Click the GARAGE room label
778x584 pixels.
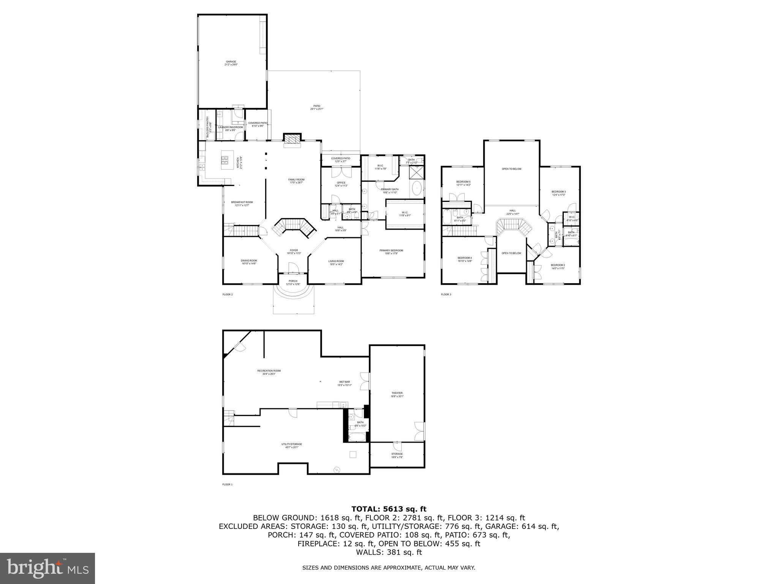pos(231,63)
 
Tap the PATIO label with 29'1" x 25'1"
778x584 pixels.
pos(316,108)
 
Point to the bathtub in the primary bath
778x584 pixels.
pos(417,188)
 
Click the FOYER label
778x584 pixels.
pos(294,252)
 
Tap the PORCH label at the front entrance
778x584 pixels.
pos(293,282)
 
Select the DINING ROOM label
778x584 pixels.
pos(249,262)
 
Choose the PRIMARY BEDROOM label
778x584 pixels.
pos(391,252)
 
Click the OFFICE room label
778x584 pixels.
pos(341,184)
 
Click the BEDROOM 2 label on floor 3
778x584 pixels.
pos(558,267)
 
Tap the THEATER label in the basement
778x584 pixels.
pos(397,394)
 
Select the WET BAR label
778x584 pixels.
pos(345,383)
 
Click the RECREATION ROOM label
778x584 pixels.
pos(269,372)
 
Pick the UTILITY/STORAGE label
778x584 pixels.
pos(292,446)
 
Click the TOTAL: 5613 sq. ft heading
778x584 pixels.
pos(389,509)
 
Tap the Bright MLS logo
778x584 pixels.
pos(47,568)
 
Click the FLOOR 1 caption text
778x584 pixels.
pos(227,484)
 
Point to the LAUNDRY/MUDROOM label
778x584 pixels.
pos(230,129)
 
